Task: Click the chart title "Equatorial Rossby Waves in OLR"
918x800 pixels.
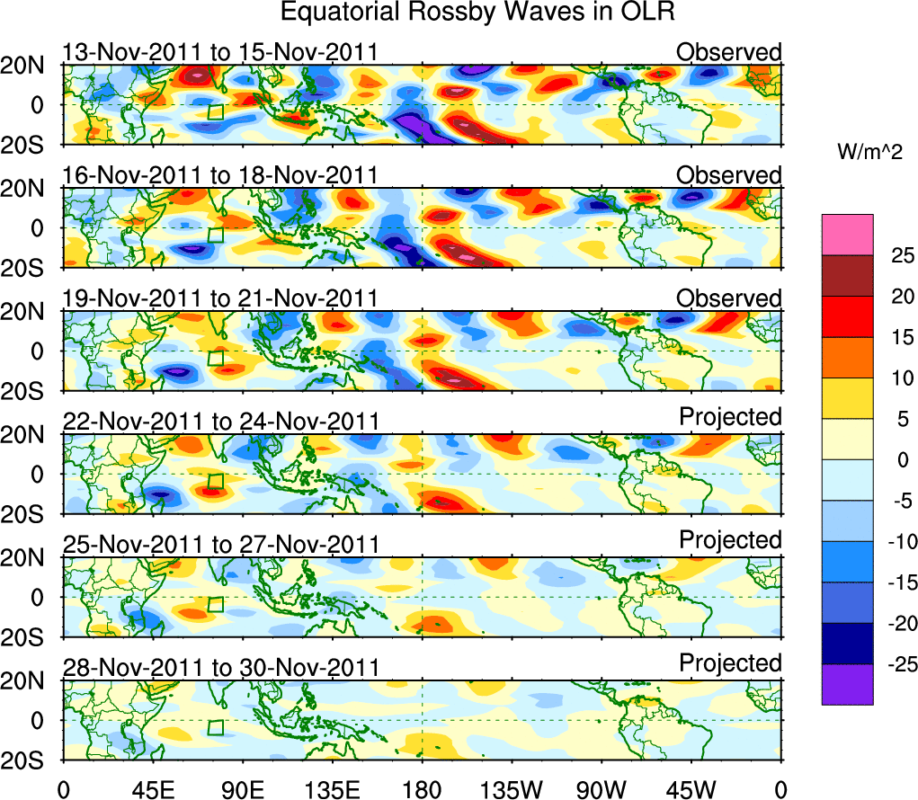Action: click(477, 13)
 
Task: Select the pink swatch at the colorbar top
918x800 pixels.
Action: click(847, 235)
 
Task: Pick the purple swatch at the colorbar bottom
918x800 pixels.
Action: click(847, 684)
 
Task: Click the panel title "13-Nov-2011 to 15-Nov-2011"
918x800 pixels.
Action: click(220, 53)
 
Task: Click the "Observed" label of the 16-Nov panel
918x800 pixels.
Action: click(729, 175)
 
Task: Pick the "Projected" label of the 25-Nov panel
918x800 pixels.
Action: click(730, 540)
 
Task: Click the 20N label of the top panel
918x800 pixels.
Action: click(30, 66)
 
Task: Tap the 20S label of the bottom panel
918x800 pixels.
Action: click(30, 760)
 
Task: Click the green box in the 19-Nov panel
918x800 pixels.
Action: click(215, 358)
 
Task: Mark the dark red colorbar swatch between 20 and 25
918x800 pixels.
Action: click(847, 276)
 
